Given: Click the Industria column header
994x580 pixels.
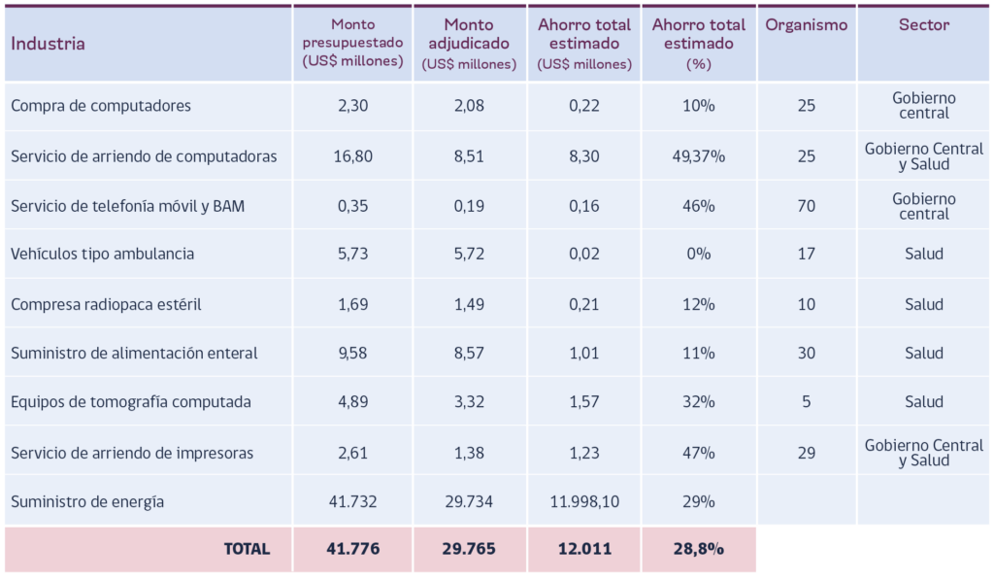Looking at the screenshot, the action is [x=48, y=44].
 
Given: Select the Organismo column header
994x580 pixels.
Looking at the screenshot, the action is [x=806, y=24].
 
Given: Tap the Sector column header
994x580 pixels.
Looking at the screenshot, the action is [x=924, y=24].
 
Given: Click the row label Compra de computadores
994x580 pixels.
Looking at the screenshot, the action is [x=101, y=105].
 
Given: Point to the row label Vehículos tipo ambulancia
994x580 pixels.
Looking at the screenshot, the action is [x=102, y=254].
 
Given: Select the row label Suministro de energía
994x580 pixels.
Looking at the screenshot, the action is [x=86, y=501].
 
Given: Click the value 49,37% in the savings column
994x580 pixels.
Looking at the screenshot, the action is [x=699, y=156].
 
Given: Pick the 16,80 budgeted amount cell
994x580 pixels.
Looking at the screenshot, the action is [x=352, y=156].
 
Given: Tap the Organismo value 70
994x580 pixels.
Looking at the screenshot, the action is [x=806, y=206].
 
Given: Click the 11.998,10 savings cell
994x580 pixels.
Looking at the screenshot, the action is [x=583, y=501].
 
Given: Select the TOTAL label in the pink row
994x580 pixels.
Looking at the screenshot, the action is [x=247, y=549].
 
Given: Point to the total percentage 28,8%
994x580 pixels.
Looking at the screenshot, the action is [x=699, y=549].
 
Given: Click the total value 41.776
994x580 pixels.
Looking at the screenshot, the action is [x=352, y=549].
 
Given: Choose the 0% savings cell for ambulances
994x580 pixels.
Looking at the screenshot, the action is [x=699, y=254].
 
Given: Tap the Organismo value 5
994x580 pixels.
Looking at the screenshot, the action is [x=806, y=401].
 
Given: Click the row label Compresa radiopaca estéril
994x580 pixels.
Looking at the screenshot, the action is [x=106, y=305].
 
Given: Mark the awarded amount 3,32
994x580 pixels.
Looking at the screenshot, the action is [x=469, y=401].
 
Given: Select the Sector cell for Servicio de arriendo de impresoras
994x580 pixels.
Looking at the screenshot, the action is [x=924, y=453].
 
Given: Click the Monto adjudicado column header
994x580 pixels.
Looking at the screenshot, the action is [x=469, y=44].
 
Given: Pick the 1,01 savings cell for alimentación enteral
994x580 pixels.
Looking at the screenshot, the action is [x=583, y=353].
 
